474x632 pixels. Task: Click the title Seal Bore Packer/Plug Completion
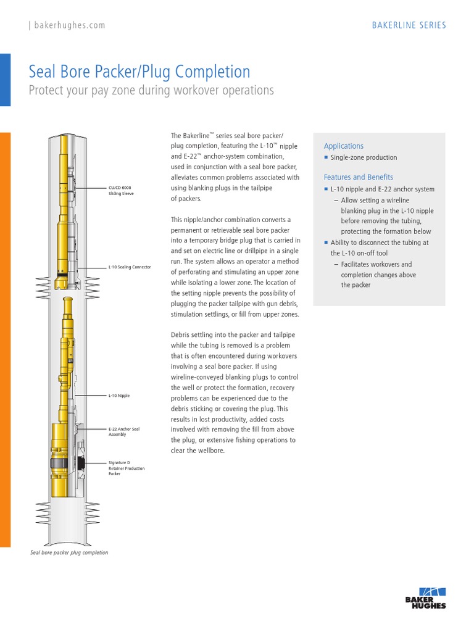click(x=139, y=72)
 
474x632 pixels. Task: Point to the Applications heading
click(x=344, y=146)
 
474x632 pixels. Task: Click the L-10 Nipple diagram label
click(x=119, y=395)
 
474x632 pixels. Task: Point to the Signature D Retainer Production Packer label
click(x=127, y=468)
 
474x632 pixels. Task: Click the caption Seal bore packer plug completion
click(x=69, y=552)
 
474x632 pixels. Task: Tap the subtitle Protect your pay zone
click(x=151, y=90)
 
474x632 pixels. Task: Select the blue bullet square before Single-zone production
click(x=326, y=157)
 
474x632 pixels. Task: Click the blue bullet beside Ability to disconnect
click(x=326, y=243)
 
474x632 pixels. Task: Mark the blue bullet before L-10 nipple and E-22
click(x=326, y=189)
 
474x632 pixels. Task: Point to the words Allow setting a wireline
click(x=379, y=200)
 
